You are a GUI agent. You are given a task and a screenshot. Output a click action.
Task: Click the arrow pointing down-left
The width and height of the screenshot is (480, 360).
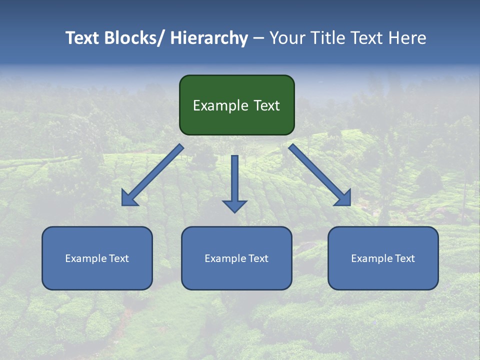pos(152,175)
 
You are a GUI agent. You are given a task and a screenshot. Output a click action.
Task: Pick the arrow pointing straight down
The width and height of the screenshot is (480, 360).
pos(234,180)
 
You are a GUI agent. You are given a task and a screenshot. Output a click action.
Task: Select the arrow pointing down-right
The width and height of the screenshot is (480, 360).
pos(320,175)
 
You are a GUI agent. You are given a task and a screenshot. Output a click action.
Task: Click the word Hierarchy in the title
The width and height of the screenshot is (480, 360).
pos(208,38)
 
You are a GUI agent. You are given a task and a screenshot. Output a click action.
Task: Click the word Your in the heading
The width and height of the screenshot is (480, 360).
pos(286,38)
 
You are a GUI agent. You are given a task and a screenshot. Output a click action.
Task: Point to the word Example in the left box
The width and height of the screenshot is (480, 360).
pos(85,258)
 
